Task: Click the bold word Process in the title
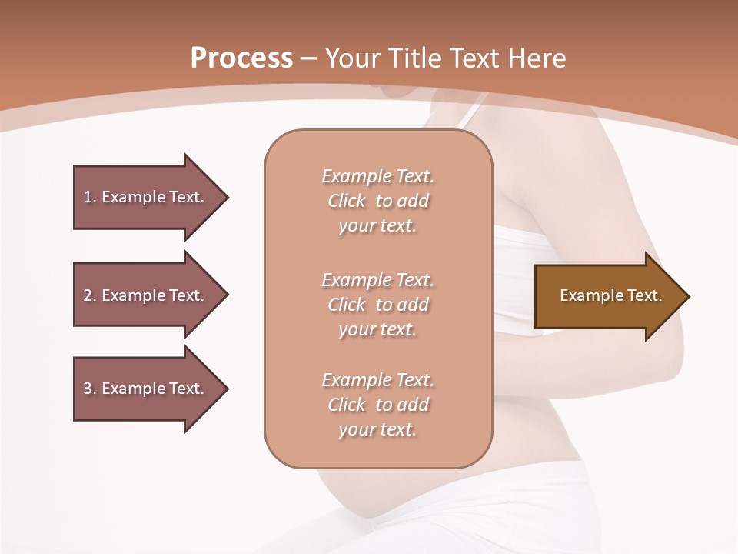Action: pos(241,58)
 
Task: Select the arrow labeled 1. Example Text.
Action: pos(146,197)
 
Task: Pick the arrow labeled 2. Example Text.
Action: pos(146,295)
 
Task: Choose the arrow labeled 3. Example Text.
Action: pos(146,389)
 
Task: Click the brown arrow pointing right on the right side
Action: pos(607,296)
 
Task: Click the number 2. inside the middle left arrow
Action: pos(89,295)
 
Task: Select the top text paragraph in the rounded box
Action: pos(377,201)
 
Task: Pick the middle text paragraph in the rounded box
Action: pos(377,305)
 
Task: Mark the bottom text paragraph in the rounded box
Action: pos(377,405)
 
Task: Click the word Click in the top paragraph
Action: pos(347,202)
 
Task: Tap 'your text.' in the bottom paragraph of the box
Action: pos(377,430)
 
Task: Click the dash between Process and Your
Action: pos(309,58)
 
